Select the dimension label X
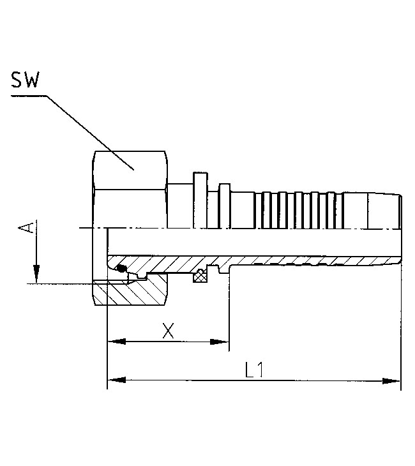(168, 330)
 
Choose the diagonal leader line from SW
(89, 131)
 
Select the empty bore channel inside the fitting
(255, 243)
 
